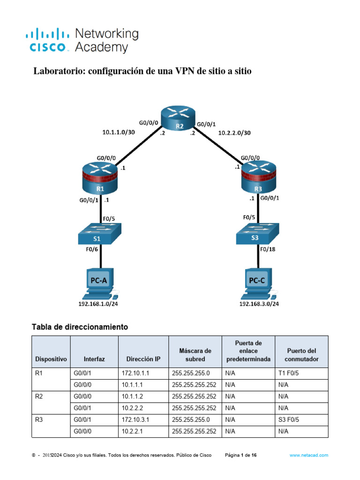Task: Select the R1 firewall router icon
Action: click(x=100, y=178)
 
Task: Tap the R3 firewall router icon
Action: click(x=259, y=177)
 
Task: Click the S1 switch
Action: click(x=99, y=233)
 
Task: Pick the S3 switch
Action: click(x=257, y=233)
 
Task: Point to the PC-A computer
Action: click(x=99, y=284)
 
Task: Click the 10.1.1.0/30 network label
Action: click(x=119, y=132)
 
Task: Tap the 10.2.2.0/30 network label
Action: click(x=234, y=133)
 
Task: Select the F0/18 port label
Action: click(x=268, y=249)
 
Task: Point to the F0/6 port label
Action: click(x=92, y=249)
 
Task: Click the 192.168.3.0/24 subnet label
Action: click(x=259, y=304)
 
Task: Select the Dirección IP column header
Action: click(x=143, y=359)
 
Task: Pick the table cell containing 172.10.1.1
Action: click(x=143, y=374)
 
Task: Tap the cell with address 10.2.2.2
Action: click(x=143, y=408)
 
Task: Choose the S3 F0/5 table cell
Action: click(x=301, y=420)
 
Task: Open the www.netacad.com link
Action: click(x=309, y=455)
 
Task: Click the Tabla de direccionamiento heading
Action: click(x=80, y=327)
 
